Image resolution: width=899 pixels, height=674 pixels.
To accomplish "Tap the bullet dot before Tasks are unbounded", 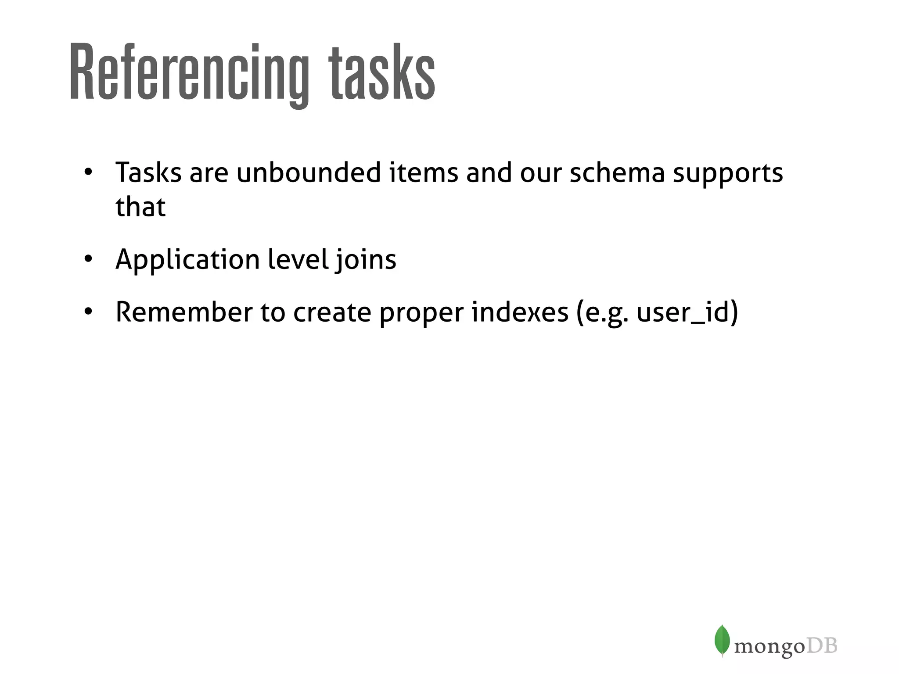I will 88,172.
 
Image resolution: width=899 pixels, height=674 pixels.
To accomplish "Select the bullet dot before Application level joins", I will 88,259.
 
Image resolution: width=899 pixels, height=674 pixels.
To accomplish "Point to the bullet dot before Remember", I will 88,312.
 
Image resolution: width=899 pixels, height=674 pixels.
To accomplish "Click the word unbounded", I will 309,172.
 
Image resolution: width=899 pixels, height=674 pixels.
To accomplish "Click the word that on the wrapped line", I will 140,207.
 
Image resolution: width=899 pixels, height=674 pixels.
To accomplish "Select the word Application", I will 187,260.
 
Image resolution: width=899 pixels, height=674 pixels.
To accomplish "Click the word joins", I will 366,260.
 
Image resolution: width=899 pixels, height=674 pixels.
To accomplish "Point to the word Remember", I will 184,312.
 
